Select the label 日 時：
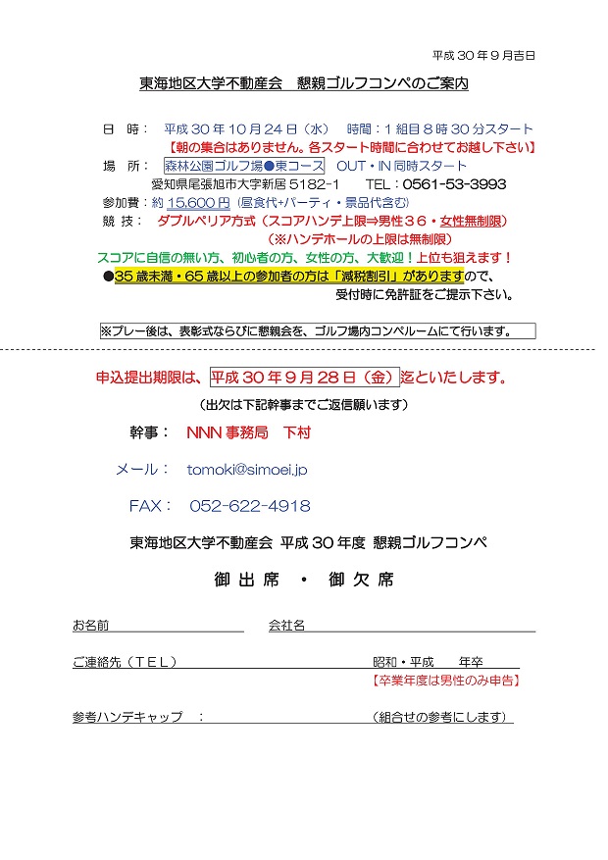coord(126,128)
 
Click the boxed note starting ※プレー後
coord(317,331)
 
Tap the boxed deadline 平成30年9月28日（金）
coord(306,376)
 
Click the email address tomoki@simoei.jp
coord(247,470)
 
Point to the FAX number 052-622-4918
coord(249,506)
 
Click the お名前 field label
coord(90,625)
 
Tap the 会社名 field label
coord(286,625)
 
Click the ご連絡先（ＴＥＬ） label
coord(125,662)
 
